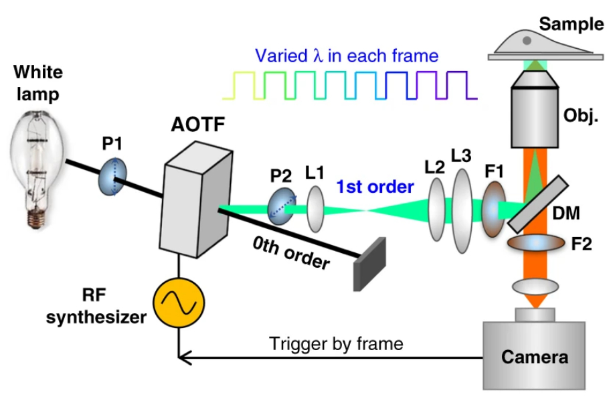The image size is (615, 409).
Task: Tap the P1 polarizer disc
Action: (x=113, y=177)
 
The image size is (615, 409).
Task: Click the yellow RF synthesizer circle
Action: (x=177, y=304)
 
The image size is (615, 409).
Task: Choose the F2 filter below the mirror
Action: (x=535, y=243)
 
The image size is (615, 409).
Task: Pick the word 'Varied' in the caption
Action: (x=280, y=56)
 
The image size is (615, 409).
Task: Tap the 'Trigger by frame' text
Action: (x=336, y=344)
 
